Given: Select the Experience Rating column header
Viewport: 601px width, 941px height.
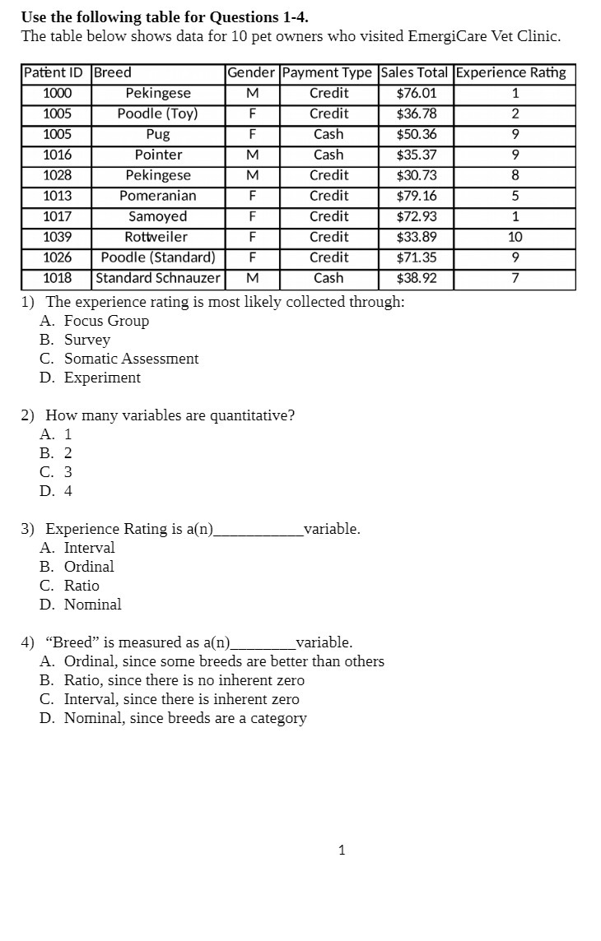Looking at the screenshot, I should pyautogui.click(x=511, y=72).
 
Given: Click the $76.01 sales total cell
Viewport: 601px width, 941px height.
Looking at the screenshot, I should pyautogui.click(x=417, y=93).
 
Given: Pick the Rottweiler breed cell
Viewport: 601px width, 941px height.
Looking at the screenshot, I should pyautogui.click(x=156, y=237).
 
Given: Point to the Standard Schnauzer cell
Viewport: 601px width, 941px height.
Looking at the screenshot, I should pyautogui.click(x=158, y=278).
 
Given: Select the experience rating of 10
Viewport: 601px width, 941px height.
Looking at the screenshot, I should pyautogui.click(x=515, y=237).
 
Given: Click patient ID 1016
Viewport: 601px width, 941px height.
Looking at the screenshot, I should pyautogui.click(x=57, y=155).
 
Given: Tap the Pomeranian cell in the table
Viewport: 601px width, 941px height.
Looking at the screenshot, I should pyautogui.click(x=158, y=196).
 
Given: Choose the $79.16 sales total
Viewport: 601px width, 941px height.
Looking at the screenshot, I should pyautogui.click(x=417, y=196).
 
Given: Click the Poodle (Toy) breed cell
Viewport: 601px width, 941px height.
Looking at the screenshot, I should pyautogui.click(x=157, y=114).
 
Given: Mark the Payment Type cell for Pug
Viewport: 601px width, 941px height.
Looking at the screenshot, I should pyautogui.click(x=328, y=134).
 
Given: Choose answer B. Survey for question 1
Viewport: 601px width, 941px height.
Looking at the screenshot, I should pyautogui.click(x=75, y=340).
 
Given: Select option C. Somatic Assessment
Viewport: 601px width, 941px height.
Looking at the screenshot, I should pyautogui.click(x=119, y=359).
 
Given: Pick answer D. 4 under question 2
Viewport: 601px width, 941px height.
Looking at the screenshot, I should pyautogui.click(x=56, y=491).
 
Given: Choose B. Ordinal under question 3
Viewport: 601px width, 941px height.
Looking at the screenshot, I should pyautogui.click(x=77, y=567).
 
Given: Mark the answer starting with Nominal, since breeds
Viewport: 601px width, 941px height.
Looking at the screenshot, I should pyautogui.click(x=174, y=718).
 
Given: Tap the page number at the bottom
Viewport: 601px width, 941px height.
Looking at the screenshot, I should pyautogui.click(x=342, y=851).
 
